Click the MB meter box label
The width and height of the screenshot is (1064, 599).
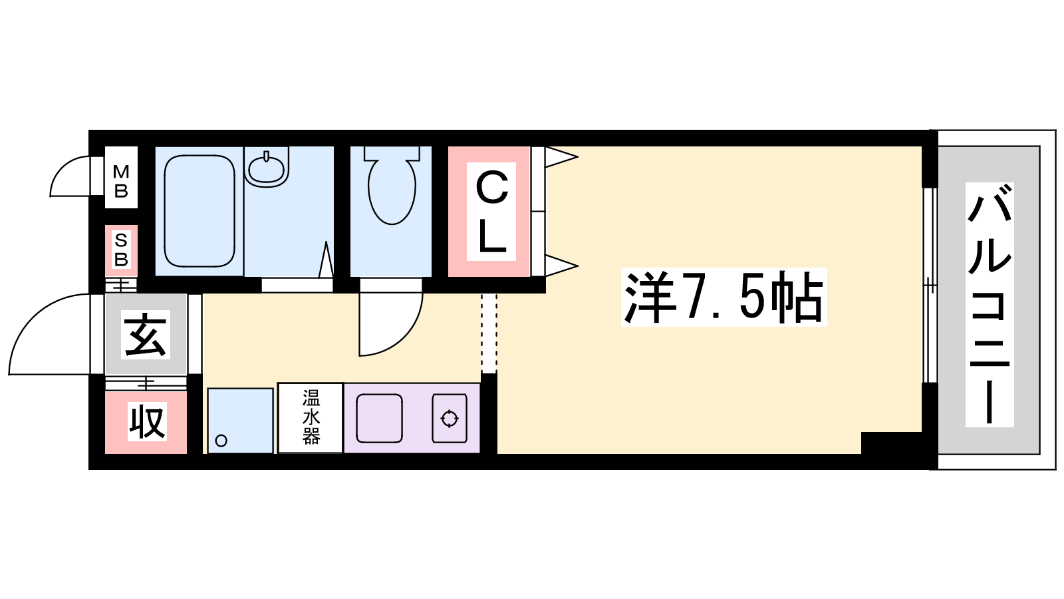point(121,181)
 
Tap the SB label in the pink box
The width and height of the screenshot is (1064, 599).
point(121,250)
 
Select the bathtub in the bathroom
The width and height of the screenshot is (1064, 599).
point(199,211)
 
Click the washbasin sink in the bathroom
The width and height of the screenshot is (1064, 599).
point(266,166)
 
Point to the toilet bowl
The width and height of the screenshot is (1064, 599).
point(392,190)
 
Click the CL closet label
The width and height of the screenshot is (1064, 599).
point(491,212)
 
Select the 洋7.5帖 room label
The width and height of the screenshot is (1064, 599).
point(724,297)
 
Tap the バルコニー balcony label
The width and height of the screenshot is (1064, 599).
point(990,304)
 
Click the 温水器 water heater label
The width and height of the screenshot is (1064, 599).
point(311,417)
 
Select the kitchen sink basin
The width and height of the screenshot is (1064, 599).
point(379,419)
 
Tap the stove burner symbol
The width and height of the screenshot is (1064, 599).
point(450,419)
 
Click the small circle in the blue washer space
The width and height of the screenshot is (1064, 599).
point(221,441)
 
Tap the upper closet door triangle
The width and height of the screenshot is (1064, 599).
point(561,157)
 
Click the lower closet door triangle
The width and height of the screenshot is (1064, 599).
point(561,266)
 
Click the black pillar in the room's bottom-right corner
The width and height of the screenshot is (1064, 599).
point(891,443)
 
